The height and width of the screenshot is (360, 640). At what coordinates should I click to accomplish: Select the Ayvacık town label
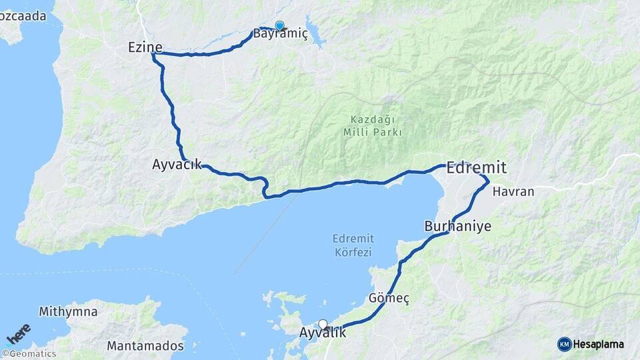tap(177, 164)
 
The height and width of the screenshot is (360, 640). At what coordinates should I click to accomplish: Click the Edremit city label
tap(477, 167)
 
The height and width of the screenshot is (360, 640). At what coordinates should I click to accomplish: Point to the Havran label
tap(513, 191)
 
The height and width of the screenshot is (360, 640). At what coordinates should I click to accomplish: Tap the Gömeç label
tap(388, 298)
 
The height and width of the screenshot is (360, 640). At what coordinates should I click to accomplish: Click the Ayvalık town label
tap(323, 333)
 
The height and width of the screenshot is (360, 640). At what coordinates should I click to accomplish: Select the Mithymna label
tap(68, 311)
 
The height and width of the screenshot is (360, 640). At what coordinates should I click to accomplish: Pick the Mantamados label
tap(145, 346)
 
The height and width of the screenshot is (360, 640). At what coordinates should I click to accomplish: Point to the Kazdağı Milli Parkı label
tap(372, 125)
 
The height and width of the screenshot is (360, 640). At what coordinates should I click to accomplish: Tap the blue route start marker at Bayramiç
tap(279, 26)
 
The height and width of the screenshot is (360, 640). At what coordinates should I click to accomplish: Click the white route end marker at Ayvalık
tap(323, 325)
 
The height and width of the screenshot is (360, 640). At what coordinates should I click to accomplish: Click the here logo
tap(19, 333)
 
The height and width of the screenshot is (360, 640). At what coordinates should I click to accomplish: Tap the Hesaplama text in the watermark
tap(599, 344)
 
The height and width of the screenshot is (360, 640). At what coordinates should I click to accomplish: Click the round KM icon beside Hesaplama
tap(565, 344)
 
